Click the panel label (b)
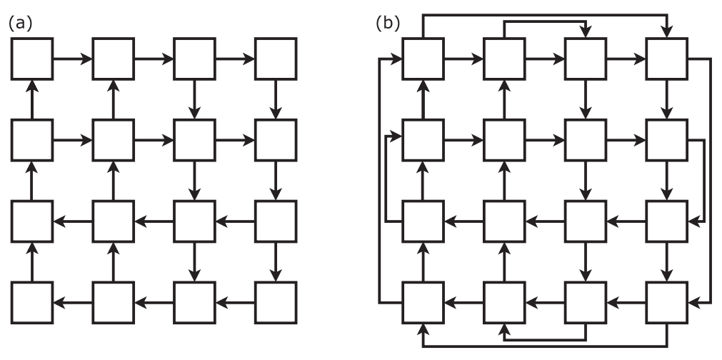click(x=388, y=24)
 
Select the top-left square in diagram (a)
click(x=31, y=59)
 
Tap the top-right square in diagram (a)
click(x=275, y=59)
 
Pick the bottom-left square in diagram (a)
click(x=31, y=302)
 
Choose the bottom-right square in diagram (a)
click(x=275, y=302)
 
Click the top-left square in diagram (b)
click(x=422, y=59)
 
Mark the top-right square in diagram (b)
click(x=666, y=59)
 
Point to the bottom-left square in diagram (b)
click(x=422, y=302)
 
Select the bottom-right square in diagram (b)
click(x=666, y=302)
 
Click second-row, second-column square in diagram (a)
click(x=113, y=140)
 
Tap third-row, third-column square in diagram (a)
click(x=194, y=221)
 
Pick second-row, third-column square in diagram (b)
click(x=585, y=140)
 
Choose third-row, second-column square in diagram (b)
click(x=503, y=221)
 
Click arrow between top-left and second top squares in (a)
click(x=72, y=59)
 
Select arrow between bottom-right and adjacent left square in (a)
click(x=234, y=302)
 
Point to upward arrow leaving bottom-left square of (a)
click(x=31, y=261)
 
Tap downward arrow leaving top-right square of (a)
click(x=275, y=99)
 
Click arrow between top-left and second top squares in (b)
click(x=463, y=59)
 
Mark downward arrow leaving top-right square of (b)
click(x=666, y=99)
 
